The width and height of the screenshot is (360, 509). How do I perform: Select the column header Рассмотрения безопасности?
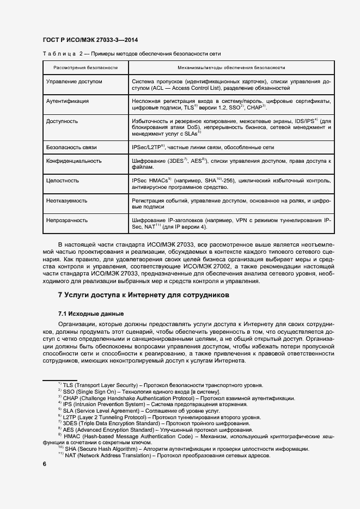(86, 68)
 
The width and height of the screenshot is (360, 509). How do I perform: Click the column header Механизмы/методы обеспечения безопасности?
(231, 68)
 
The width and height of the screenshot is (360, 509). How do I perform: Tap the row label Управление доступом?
(75, 81)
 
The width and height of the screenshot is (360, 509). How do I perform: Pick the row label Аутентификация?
(68, 101)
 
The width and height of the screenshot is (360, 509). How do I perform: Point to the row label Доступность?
(62, 121)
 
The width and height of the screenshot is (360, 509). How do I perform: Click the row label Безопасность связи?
(72, 148)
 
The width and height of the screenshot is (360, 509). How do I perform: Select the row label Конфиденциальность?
(74, 161)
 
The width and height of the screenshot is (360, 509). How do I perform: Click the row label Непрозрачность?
(67, 220)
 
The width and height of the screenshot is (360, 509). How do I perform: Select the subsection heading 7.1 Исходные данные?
(91, 314)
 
